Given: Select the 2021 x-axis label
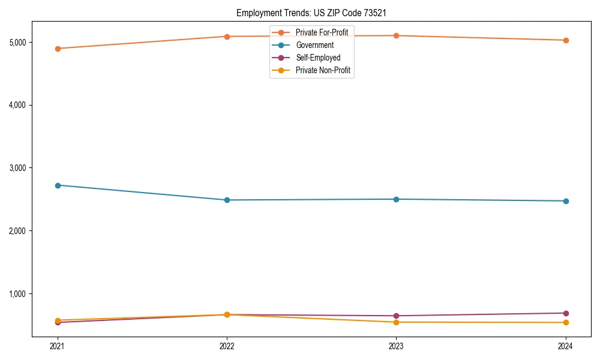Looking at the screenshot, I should pos(58,346).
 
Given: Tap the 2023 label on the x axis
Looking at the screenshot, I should pos(396,346).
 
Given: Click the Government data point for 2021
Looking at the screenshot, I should pos(58,185).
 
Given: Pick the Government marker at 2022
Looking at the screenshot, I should pos(227,200).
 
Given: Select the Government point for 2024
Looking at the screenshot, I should pos(566,201).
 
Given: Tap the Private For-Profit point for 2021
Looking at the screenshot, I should pos(58,49).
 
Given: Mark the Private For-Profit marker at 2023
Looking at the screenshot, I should pos(396,35).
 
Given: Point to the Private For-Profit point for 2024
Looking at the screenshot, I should pos(566,40).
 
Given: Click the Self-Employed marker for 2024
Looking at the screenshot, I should pos(566,313).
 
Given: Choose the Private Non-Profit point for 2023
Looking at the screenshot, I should pos(396,322).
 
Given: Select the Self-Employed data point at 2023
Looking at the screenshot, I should pos(396,316).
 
